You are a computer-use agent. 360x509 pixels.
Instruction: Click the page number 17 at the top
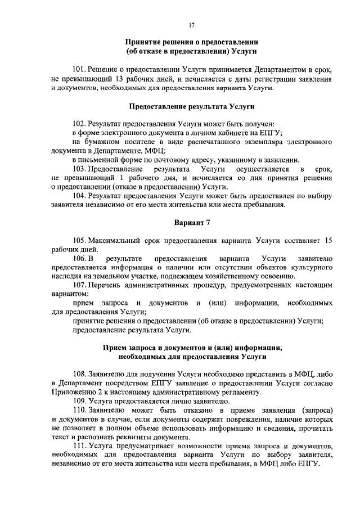click(x=191, y=25)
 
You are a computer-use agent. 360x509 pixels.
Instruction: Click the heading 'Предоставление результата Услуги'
click(x=192, y=106)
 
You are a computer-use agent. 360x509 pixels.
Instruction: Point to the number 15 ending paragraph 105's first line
click(x=328, y=240)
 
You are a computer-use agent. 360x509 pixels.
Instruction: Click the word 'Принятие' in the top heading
click(x=142, y=43)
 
